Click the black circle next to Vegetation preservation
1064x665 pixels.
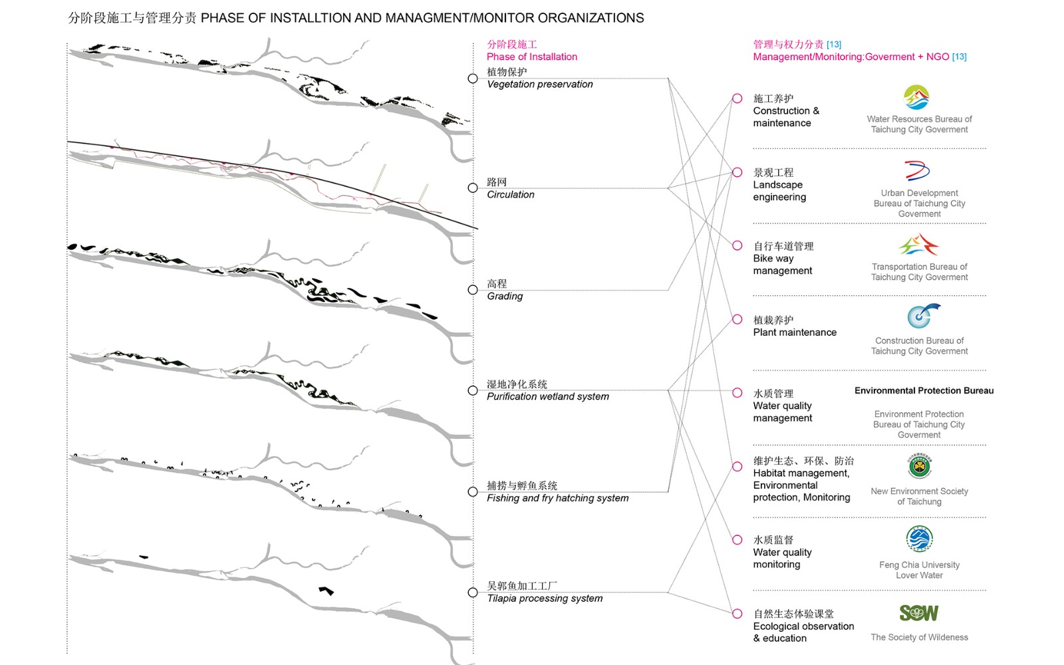tap(473, 78)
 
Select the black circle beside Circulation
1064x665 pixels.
tap(473, 188)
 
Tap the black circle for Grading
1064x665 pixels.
tap(473, 290)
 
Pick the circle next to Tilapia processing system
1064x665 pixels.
tap(473, 592)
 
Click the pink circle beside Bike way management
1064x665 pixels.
tap(737, 245)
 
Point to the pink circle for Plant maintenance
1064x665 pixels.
tap(737, 319)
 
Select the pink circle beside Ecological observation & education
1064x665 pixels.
tap(737, 613)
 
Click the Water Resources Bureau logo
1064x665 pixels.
tap(916, 97)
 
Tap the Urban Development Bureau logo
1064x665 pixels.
tap(917, 171)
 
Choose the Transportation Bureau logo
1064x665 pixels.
tap(918, 245)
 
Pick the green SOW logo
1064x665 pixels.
tap(919, 612)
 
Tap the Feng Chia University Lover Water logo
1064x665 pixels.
tap(919, 539)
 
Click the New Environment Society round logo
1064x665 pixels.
tap(920, 467)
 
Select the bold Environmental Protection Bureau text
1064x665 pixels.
tap(924, 390)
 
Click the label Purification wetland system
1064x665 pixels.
tap(547, 396)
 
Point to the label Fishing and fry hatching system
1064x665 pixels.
tap(557, 498)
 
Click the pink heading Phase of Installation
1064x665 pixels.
tap(531, 57)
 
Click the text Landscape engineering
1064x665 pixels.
tap(779, 191)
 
